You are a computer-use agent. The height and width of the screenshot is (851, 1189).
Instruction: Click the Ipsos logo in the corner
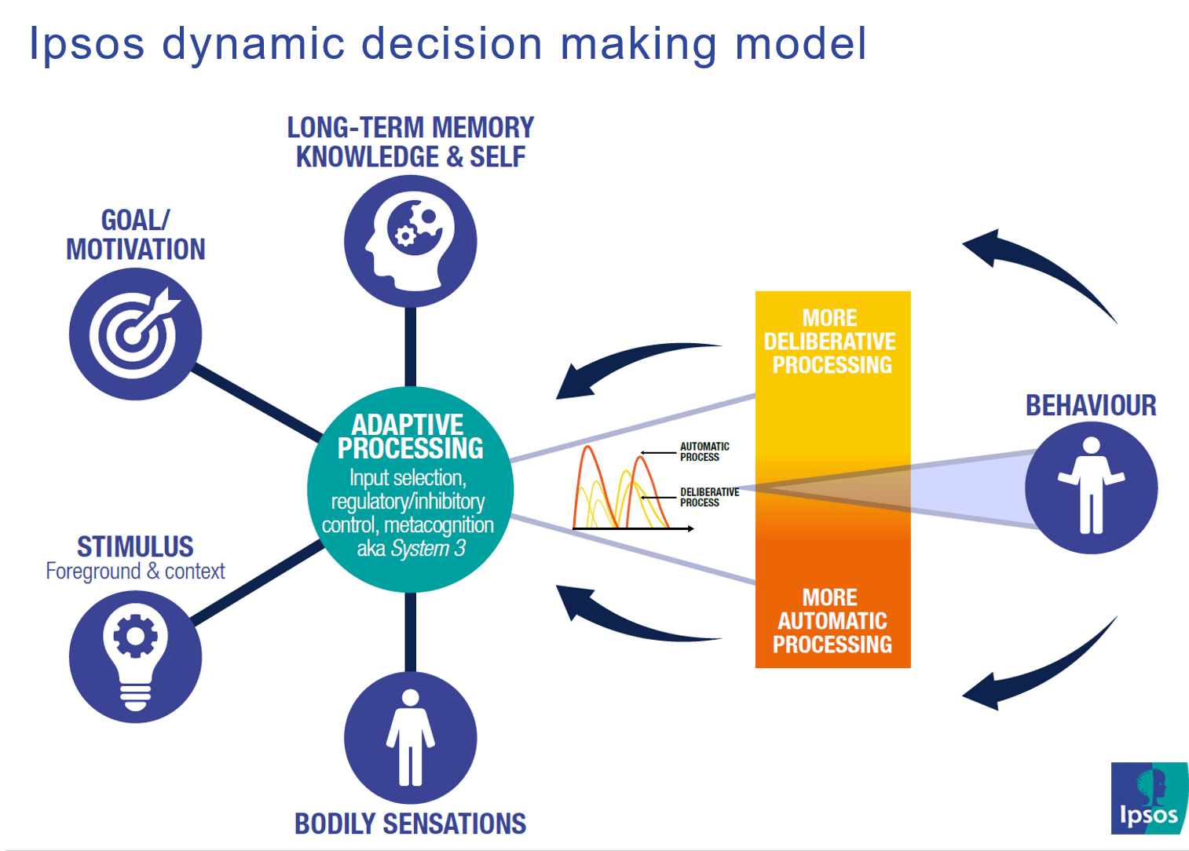pos(1149,798)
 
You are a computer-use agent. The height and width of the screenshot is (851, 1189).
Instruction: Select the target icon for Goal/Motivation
pos(135,334)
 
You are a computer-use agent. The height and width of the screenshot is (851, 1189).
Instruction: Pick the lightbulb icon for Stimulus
pos(135,656)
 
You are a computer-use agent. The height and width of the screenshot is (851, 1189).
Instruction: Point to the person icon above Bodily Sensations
pos(410,738)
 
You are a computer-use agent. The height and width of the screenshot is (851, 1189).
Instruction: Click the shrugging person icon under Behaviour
pos(1091,488)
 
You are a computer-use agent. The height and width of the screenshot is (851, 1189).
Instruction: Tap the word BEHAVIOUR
pos(1091,406)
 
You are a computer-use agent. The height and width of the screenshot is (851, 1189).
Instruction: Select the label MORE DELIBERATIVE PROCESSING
pos(831,341)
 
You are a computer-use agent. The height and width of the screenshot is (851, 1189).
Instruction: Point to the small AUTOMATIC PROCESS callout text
pos(704,451)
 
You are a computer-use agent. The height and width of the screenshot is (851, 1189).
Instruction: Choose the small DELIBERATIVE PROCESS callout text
pos(709,497)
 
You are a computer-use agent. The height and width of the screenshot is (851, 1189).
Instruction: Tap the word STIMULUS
pos(135,546)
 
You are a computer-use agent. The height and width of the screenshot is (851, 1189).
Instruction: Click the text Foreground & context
pos(135,571)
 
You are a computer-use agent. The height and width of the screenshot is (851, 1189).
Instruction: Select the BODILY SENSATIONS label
pos(410,824)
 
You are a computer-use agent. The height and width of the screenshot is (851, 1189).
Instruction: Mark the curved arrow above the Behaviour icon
pos(1037,267)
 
